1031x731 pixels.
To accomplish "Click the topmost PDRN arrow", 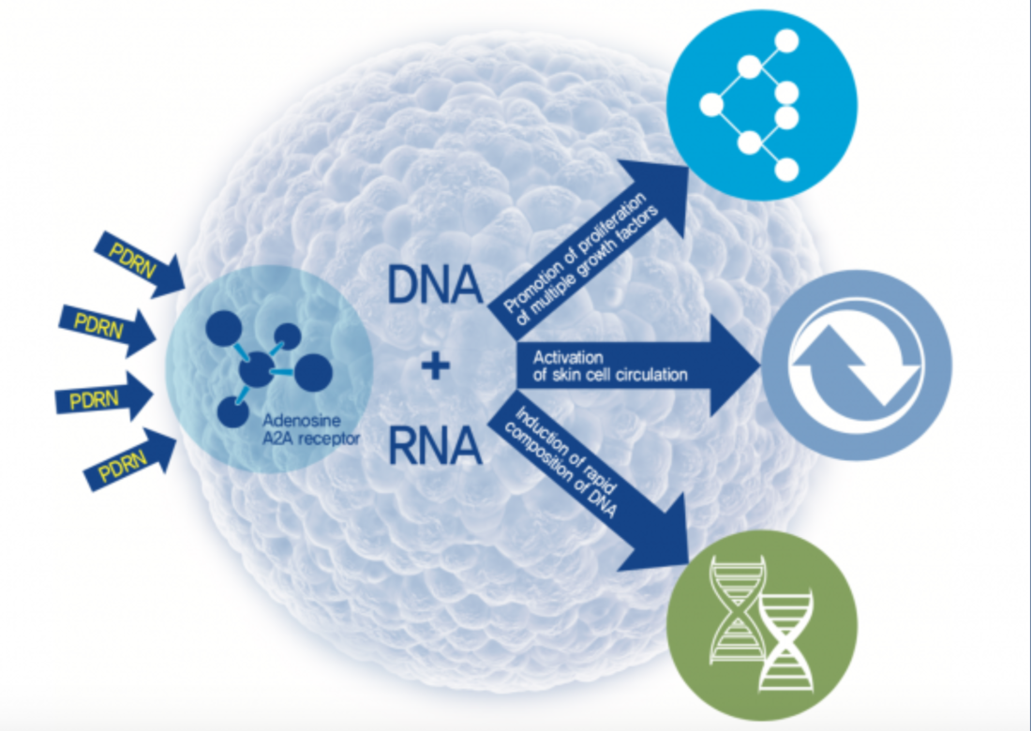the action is (140, 264).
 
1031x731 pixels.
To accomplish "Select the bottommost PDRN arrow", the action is (130, 459).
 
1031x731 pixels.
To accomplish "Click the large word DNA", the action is (435, 285).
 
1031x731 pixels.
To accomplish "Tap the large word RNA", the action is (435, 446).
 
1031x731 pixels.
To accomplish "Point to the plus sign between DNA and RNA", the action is (435, 365).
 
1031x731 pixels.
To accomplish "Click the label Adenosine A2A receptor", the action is (311, 429).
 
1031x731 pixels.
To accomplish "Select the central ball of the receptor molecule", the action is (257, 369).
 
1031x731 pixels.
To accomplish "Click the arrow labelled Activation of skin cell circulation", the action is (637, 365).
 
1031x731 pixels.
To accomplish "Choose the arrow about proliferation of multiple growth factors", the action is (589, 250).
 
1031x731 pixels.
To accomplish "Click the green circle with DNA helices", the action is (762, 625).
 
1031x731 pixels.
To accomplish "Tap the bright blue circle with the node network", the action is (762, 105).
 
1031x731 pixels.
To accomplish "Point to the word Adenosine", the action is (302, 420).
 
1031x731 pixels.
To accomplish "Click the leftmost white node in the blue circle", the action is (711, 105).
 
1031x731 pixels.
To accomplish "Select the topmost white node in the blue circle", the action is (786, 40).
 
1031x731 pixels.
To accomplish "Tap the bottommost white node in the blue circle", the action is (786, 170).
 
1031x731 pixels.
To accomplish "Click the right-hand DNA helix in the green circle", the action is (786, 641).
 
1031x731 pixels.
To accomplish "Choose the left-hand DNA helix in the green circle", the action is (738, 609).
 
